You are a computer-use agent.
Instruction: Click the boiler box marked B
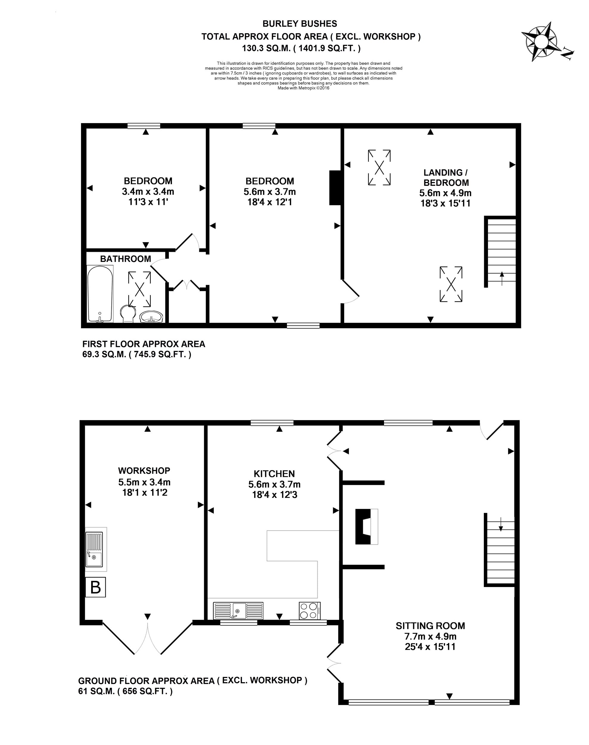pyautogui.click(x=96, y=587)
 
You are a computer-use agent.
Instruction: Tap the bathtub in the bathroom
pyautogui.click(x=100, y=294)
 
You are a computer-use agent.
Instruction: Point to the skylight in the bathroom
pyautogui.click(x=139, y=289)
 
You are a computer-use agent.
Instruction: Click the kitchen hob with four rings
pyautogui.click(x=310, y=611)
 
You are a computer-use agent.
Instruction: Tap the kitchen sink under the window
pyautogui.click(x=238, y=611)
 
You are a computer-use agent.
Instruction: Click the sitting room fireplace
pyautogui.click(x=366, y=526)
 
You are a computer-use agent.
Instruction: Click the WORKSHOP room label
pyautogui.click(x=144, y=471)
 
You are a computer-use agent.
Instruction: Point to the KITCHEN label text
pyautogui.click(x=274, y=474)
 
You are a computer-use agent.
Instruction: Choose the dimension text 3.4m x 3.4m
pyautogui.click(x=148, y=191)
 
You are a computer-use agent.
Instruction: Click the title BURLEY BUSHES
pyautogui.click(x=300, y=24)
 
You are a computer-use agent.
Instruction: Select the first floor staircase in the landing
pyautogui.click(x=501, y=252)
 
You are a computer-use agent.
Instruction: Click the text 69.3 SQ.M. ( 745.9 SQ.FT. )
pyautogui.click(x=136, y=354)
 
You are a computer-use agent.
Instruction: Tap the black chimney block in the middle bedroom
pyautogui.click(x=335, y=188)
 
